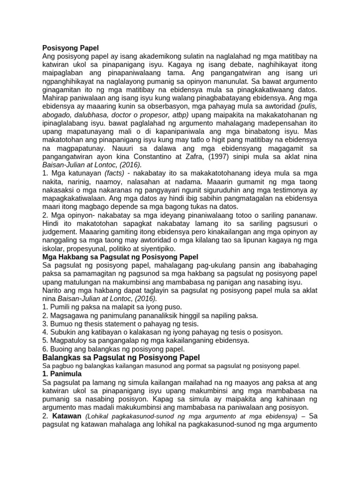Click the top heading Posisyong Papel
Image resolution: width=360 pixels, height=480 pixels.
point(70,47)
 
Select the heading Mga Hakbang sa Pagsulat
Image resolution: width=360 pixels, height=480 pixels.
point(120,257)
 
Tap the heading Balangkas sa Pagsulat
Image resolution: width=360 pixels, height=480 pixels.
point(121,358)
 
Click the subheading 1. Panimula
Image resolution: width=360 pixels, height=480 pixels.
point(62,374)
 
